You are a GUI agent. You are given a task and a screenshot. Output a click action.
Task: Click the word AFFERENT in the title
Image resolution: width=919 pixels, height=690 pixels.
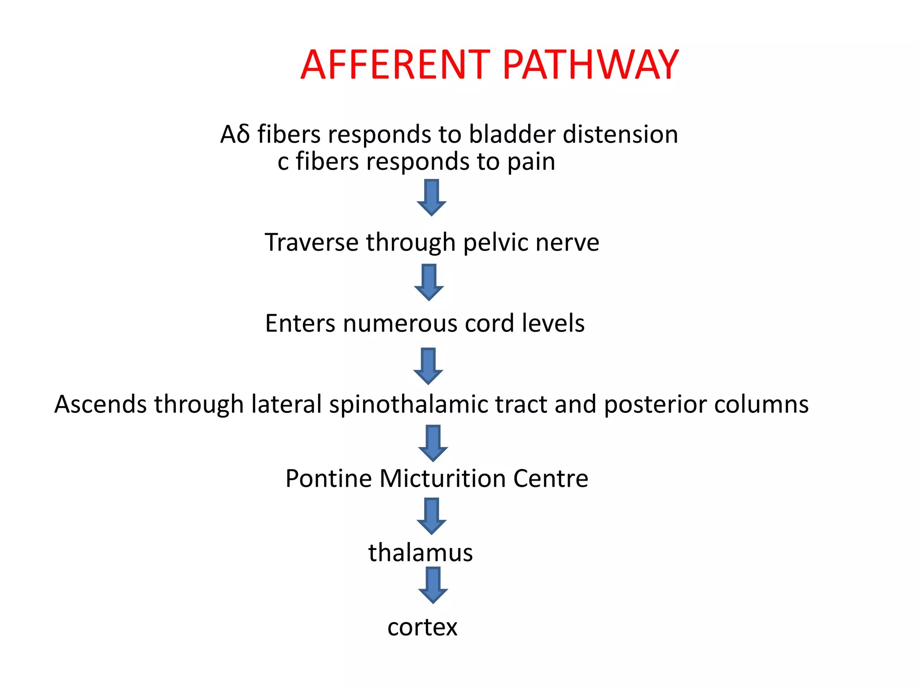[395, 65]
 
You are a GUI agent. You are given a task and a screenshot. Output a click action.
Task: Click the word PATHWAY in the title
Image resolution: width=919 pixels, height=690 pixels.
[590, 65]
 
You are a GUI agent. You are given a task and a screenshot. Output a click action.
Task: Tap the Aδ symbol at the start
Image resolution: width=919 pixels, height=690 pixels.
[235, 134]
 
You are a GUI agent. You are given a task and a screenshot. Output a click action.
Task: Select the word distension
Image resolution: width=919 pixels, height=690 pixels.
[620, 134]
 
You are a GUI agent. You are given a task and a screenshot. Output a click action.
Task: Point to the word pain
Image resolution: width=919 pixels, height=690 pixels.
[531, 162]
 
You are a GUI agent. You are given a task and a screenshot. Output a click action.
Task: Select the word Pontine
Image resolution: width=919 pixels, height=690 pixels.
[328, 478]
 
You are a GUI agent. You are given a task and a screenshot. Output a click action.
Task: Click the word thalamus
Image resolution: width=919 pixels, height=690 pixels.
[420, 553]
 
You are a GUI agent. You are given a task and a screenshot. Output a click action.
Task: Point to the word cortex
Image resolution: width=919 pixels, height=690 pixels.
[422, 627]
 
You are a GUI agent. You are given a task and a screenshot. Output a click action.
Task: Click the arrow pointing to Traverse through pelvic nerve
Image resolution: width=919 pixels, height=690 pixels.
[431, 198]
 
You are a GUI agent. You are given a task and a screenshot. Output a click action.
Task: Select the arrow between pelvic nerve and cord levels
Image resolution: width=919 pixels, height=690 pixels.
[429, 282]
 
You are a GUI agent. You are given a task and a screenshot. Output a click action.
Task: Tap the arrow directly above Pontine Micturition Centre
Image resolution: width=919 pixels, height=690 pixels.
[433, 443]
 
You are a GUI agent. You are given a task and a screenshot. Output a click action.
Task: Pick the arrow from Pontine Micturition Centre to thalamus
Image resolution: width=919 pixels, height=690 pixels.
[431, 516]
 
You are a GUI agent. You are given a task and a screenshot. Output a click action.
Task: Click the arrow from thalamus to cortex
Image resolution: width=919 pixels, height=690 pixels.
[433, 585]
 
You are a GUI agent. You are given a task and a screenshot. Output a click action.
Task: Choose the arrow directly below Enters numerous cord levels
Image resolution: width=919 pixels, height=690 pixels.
[428, 366]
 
